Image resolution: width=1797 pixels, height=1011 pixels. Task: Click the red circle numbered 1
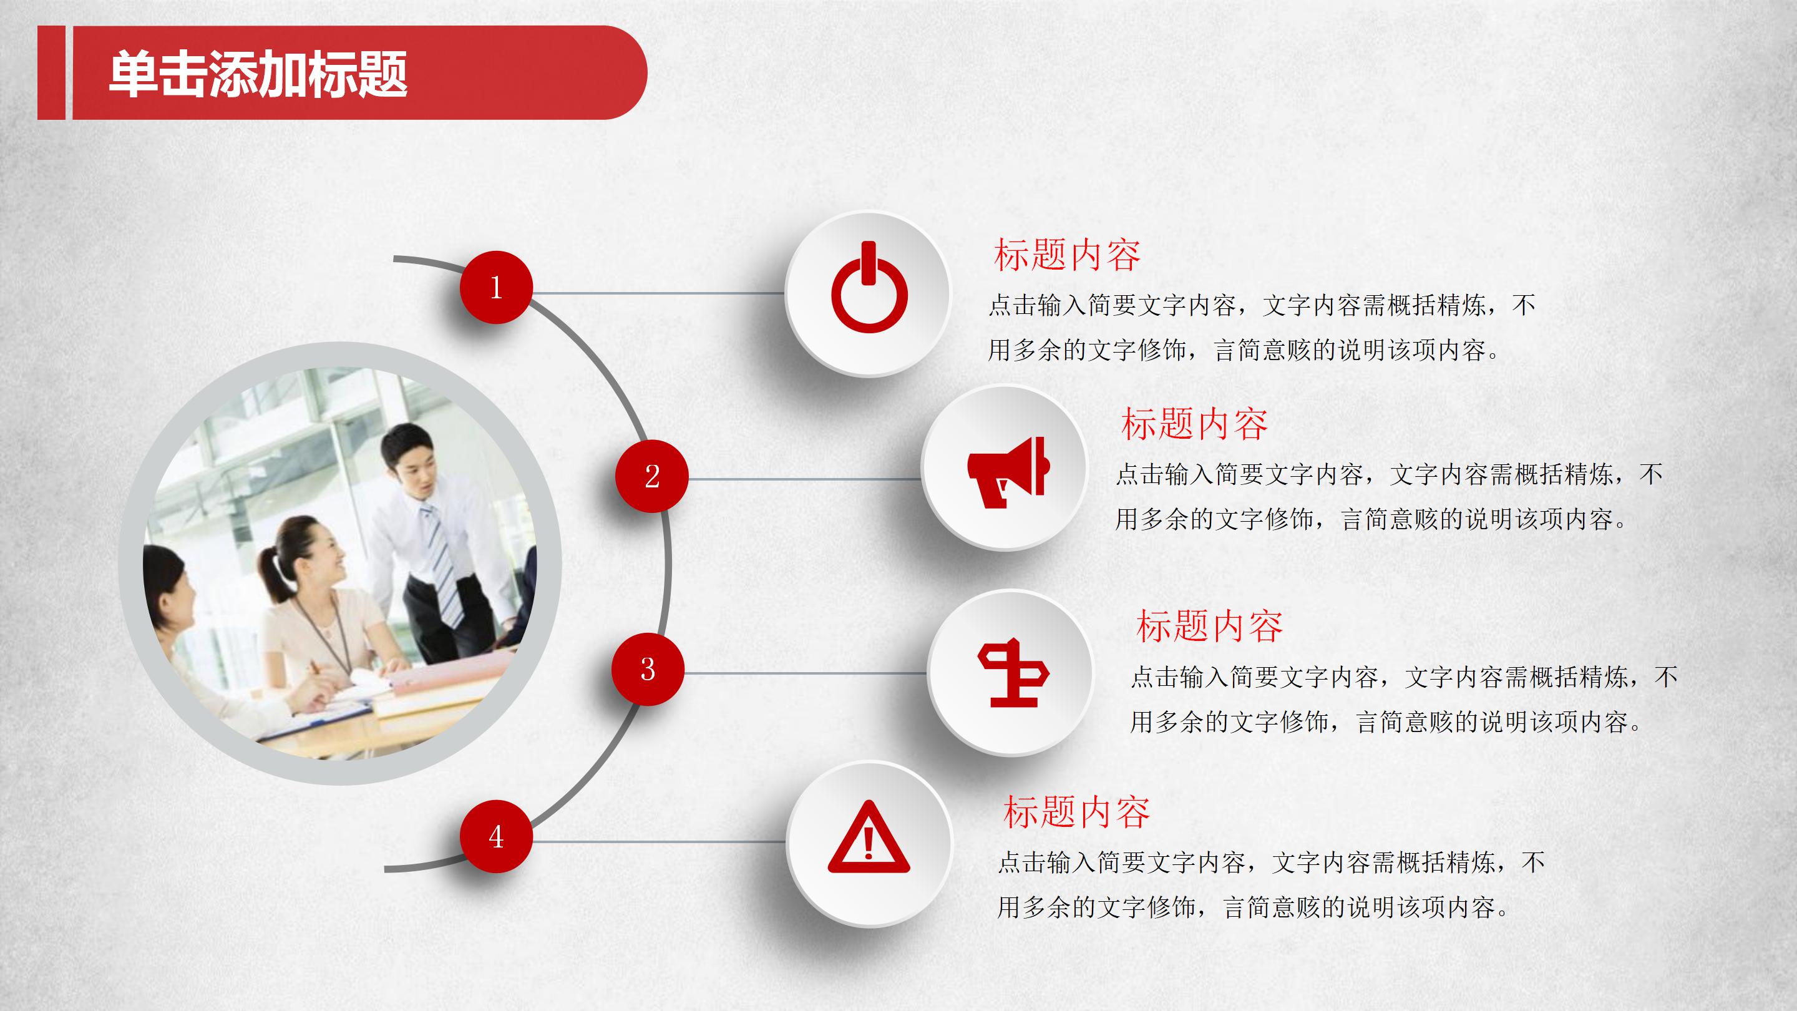click(x=496, y=287)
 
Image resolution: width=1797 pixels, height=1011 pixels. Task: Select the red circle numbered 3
click(x=648, y=669)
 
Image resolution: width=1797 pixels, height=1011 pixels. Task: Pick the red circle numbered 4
click(x=496, y=836)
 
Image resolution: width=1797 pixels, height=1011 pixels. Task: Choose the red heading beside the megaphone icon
click(x=1194, y=424)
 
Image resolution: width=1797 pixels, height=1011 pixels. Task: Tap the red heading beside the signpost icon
click(x=1209, y=626)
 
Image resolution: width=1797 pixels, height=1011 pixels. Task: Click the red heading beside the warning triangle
click(x=1076, y=812)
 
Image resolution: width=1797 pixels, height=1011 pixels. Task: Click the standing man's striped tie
click(x=442, y=565)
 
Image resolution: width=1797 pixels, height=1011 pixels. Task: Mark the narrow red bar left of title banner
click(x=51, y=72)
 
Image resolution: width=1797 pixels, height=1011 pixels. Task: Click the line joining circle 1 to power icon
click(x=656, y=293)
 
